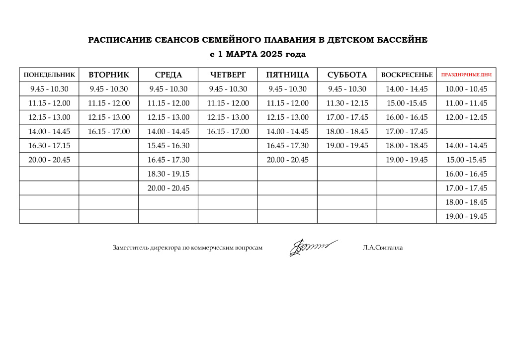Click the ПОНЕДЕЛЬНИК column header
click(x=49, y=75)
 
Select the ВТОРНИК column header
click(x=109, y=75)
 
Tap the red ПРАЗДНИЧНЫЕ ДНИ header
click(x=466, y=75)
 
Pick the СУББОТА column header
click(x=347, y=75)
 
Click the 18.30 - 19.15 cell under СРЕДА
click(x=169, y=174)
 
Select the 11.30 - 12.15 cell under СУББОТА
click(x=347, y=103)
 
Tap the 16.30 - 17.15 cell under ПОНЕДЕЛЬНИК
click(x=49, y=146)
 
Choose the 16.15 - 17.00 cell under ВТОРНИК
click(x=109, y=132)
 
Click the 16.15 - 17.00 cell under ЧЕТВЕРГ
click(x=228, y=132)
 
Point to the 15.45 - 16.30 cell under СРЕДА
click(x=169, y=146)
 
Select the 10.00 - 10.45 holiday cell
click(x=466, y=90)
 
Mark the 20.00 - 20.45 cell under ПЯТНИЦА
click(x=287, y=160)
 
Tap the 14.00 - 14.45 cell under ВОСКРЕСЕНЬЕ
click(x=407, y=90)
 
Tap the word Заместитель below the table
click(x=131, y=248)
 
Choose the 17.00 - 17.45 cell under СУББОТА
click(x=347, y=118)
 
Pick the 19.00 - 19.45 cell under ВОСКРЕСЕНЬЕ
click(x=407, y=160)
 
